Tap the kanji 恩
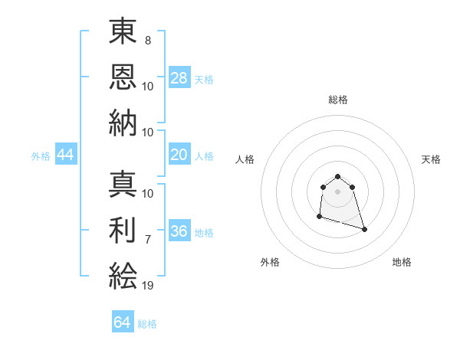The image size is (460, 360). point(123,77)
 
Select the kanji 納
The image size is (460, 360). point(123,123)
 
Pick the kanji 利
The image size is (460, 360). point(123,230)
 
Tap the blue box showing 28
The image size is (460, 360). point(179,78)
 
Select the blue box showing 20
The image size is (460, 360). point(179,155)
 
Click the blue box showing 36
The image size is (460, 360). point(179,232)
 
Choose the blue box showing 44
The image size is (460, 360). point(66,155)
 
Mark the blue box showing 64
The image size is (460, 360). point(123,322)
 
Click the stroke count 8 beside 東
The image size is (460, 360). point(147,39)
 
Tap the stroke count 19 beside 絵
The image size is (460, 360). point(148,286)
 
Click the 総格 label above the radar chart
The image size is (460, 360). point(337,100)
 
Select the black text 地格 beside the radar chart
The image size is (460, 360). point(402,262)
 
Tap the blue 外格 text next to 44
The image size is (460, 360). point(41,156)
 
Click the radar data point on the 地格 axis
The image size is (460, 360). point(364,229)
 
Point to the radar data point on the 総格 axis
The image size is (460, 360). point(337,178)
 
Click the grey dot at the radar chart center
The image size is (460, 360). point(337,191)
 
